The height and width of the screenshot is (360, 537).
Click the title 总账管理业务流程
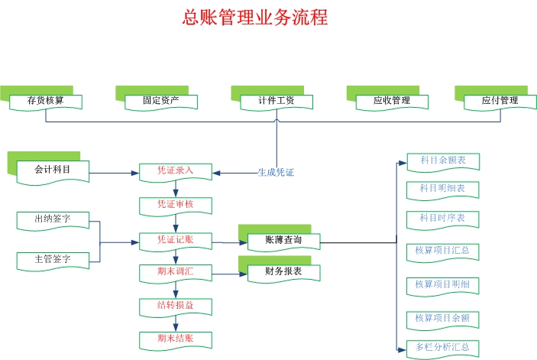point(255,18)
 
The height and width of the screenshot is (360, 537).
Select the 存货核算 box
point(45,101)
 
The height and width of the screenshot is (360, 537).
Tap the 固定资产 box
point(161,101)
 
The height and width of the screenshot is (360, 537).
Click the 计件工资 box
point(277,101)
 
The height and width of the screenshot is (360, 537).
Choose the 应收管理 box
point(391,101)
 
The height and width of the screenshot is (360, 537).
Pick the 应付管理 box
point(500,101)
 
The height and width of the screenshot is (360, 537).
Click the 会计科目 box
point(53,170)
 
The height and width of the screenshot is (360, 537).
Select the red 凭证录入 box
point(175,171)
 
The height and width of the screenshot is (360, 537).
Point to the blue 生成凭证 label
point(276,173)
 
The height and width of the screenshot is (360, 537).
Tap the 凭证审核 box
point(175,205)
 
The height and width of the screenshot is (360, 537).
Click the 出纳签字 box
point(53,220)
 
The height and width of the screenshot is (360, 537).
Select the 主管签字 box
point(53,260)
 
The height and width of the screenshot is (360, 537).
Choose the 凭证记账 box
point(175,241)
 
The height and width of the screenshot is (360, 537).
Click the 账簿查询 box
point(283,241)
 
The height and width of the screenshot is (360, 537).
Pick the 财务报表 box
point(283,271)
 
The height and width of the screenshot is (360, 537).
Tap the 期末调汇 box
point(175,271)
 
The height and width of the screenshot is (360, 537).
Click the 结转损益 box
point(175,306)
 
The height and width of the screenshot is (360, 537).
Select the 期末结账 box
point(175,339)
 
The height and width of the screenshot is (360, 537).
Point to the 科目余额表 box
point(443,161)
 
